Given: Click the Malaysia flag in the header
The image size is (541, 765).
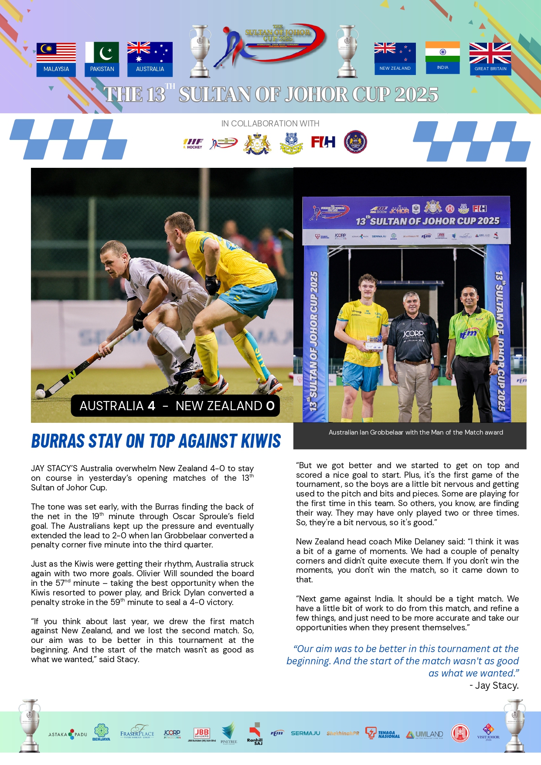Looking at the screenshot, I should (x=56, y=53).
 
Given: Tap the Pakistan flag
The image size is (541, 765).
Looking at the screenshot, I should (x=102, y=53).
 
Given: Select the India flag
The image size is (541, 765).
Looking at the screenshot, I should (x=442, y=52).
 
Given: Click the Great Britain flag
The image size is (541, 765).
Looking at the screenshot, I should (x=490, y=54).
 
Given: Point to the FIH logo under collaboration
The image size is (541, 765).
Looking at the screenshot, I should (x=323, y=142).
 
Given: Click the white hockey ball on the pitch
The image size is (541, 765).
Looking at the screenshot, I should (x=40, y=393).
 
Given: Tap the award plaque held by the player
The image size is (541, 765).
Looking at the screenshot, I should (x=374, y=343).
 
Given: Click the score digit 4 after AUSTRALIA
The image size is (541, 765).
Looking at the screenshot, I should (x=151, y=406).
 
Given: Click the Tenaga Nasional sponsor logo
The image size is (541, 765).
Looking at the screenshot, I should (x=382, y=734).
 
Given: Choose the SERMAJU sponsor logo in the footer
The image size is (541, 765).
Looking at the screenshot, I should (x=305, y=733).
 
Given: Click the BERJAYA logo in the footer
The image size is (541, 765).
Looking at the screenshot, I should (x=101, y=732).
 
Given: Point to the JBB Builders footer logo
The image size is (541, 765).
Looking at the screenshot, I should (x=201, y=734).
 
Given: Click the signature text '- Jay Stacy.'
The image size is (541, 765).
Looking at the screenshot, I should (x=494, y=686).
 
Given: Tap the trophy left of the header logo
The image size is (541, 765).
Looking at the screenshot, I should (x=200, y=51).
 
